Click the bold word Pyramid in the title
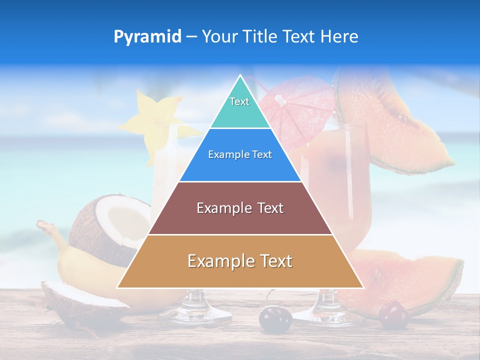pyautogui.click(x=147, y=37)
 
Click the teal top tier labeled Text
pyautogui.click(x=240, y=107)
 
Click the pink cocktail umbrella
pyautogui.click(x=295, y=107)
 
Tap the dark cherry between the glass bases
pyautogui.click(x=275, y=318)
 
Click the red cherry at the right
pyautogui.click(x=393, y=314)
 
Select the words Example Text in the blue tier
pyautogui.click(x=240, y=155)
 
